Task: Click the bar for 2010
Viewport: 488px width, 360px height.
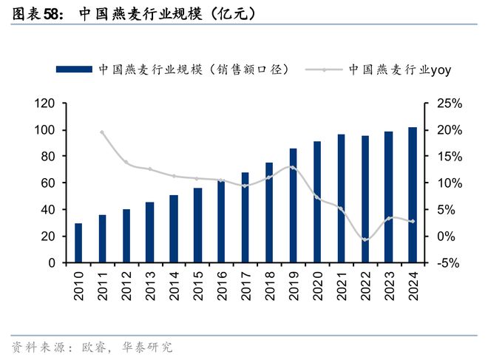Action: (x=78, y=243)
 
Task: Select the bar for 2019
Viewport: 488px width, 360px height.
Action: (x=293, y=206)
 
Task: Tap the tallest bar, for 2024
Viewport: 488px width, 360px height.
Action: (x=412, y=195)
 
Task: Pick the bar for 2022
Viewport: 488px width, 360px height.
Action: (x=365, y=199)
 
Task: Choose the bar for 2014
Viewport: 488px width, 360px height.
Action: (x=174, y=228)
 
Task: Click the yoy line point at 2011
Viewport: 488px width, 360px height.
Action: (x=102, y=132)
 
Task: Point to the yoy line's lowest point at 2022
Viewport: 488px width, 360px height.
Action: (x=365, y=240)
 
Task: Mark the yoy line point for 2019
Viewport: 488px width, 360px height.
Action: (x=293, y=167)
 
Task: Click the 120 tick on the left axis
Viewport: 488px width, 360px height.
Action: (x=46, y=103)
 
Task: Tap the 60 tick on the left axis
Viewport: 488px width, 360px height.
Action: (x=50, y=183)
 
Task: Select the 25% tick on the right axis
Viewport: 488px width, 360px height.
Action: (x=448, y=103)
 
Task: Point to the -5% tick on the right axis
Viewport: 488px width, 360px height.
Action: (x=448, y=262)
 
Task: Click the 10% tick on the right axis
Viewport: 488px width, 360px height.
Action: (x=448, y=183)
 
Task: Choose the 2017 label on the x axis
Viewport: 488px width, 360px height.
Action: (x=245, y=285)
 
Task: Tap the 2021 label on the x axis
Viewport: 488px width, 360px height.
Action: (x=341, y=285)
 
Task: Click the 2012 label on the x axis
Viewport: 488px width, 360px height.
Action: (x=126, y=285)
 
